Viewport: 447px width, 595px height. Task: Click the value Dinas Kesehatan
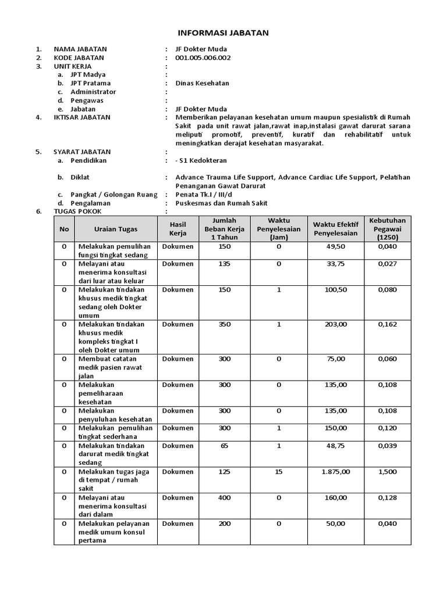tap(202, 83)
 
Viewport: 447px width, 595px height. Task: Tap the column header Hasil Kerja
tap(178, 229)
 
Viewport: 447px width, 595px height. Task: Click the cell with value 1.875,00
tap(335, 472)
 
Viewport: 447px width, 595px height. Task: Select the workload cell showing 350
tap(225, 324)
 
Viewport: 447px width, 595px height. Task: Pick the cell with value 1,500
tap(388, 472)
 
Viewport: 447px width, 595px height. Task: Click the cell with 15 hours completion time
tap(279, 472)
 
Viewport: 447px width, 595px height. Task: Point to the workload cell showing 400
tap(225, 498)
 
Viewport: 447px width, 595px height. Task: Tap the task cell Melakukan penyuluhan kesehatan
tap(116, 415)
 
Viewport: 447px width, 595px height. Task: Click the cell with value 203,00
tap(335, 324)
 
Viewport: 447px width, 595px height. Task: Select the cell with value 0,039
tap(388, 446)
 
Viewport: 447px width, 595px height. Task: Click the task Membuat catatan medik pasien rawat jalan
tap(111, 367)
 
